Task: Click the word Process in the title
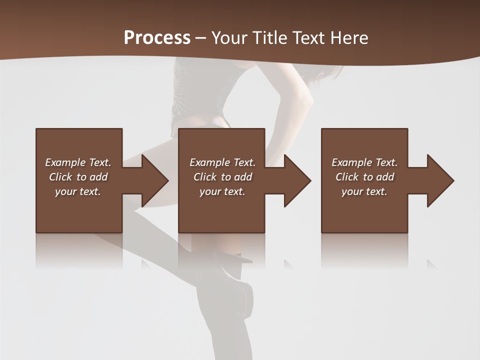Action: pyautogui.click(x=157, y=38)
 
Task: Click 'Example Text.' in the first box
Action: pyautogui.click(x=78, y=162)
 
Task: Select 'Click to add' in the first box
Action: pyautogui.click(x=78, y=177)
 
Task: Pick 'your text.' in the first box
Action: pyautogui.click(x=78, y=191)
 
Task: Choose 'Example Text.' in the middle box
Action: pyautogui.click(x=222, y=162)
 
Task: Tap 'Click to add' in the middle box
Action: pyautogui.click(x=222, y=177)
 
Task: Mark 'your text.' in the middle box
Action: pyautogui.click(x=222, y=191)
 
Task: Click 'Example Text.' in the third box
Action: pyautogui.click(x=364, y=162)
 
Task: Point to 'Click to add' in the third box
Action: pyautogui.click(x=364, y=177)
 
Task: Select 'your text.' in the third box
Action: pyautogui.click(x=364, y=191)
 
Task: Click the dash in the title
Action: pyautogui.click(x=200, y=38)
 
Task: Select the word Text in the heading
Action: pyautogui.click(x=307, y=38)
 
